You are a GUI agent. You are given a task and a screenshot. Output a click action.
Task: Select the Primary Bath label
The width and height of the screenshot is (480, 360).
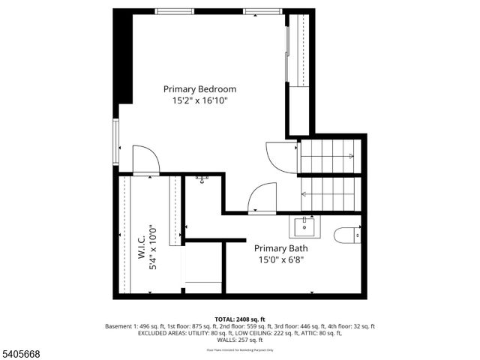click(280, 248)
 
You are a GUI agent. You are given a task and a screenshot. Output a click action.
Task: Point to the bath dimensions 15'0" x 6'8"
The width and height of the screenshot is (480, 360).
click(280, 259)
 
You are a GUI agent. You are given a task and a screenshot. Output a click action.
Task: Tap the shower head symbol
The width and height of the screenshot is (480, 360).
click(202, 178)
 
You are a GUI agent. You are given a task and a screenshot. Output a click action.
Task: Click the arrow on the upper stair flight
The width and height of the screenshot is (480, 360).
click(349, 156)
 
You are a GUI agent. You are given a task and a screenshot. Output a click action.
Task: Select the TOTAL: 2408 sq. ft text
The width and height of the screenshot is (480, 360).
click(240, 319)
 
